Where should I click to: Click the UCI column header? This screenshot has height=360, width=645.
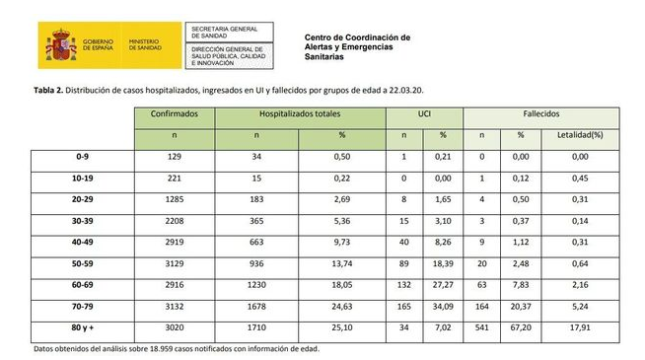424,114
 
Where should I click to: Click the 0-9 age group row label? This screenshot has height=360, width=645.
83,156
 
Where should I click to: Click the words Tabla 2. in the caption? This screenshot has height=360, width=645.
51,89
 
